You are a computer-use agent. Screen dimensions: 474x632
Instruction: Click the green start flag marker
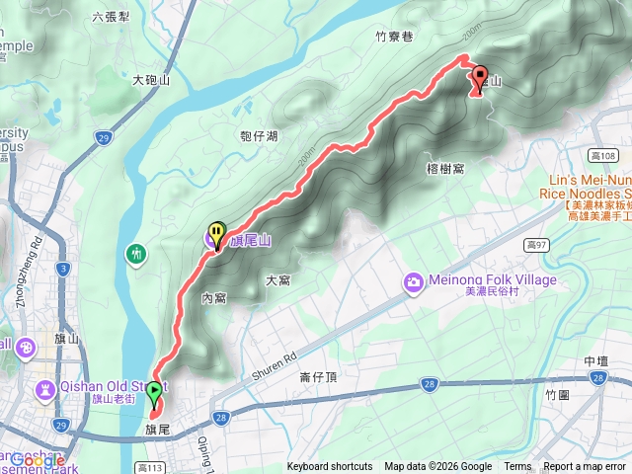(154, 391)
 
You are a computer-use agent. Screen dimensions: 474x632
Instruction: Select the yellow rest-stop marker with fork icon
(215, 234)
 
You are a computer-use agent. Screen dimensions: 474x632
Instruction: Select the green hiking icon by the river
(135, 254)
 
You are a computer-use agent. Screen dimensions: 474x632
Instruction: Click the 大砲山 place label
(151, 79)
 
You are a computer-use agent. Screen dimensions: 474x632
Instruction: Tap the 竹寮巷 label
(393, 37)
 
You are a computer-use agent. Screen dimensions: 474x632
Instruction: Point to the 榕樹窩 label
(446, 169)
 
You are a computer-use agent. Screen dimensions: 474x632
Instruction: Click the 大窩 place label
(277, 281)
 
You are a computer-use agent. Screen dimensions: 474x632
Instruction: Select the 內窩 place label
(214, 297)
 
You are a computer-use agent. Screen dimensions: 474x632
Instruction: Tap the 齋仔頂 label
(318, 377)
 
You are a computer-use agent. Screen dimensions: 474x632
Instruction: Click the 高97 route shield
(537, 243)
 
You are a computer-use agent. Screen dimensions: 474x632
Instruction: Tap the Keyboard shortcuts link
(330, 467)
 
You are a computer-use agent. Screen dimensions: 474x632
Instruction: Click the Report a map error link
(584, 467)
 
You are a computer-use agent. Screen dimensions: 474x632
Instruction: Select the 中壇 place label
(596, 361)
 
